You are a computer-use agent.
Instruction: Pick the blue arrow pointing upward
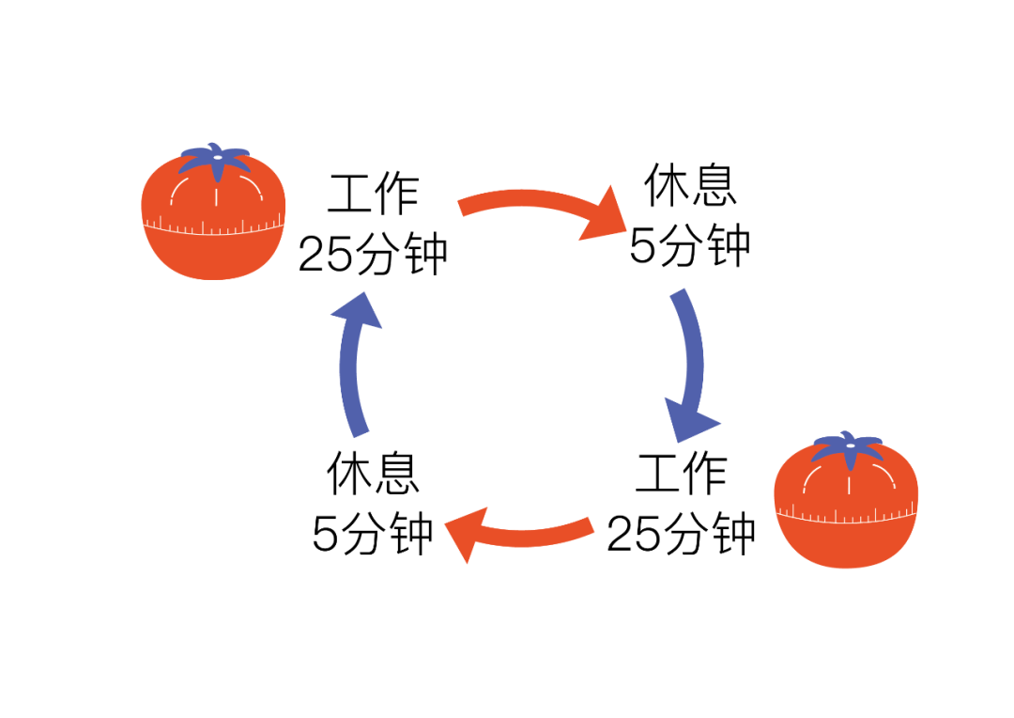350,376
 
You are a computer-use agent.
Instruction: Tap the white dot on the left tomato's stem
218,156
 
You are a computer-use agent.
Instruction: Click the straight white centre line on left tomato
216,196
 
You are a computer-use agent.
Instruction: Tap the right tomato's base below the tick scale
847,544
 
